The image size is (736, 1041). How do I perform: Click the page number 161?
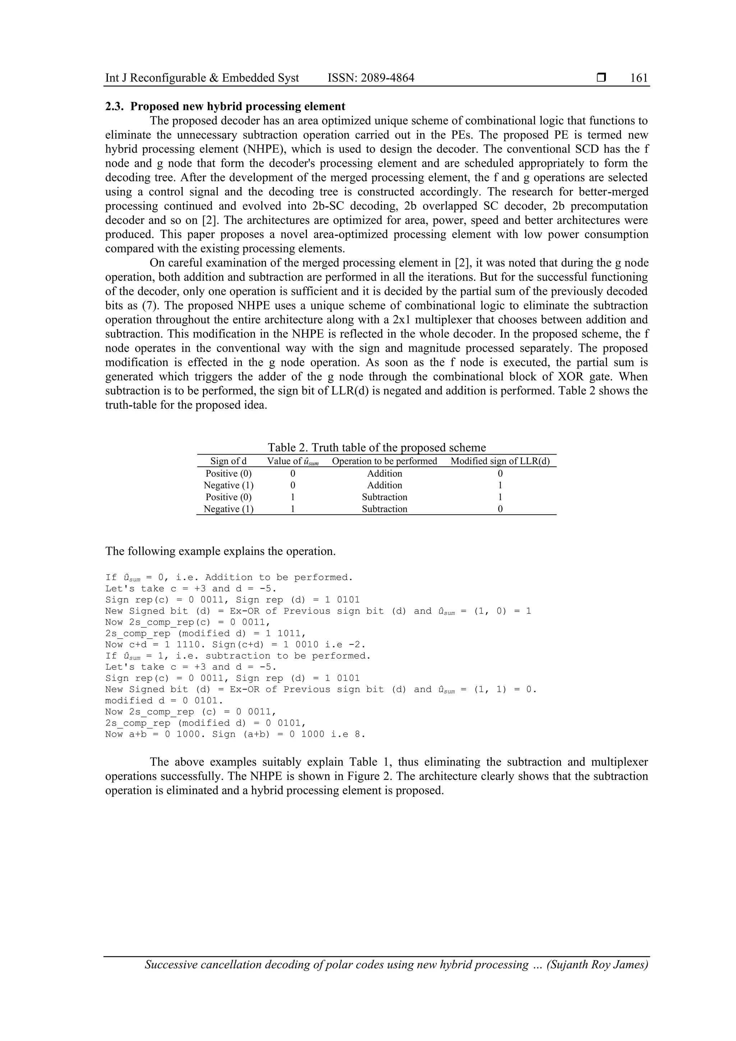point(639,78)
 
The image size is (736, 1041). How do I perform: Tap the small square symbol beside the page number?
point(601,78)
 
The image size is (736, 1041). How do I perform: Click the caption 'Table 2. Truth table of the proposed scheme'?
point(376,447)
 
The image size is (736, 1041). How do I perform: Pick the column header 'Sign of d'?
point(228,461)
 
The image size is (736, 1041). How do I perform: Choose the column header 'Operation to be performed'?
point(385,461)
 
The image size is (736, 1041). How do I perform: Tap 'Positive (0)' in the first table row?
point(228,473)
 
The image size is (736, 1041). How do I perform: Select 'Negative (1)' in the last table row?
point(228,509)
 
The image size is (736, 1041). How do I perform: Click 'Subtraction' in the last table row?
point(385,509)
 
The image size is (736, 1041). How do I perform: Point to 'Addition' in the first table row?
point(385,473)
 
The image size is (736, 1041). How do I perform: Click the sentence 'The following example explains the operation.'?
point(220,551)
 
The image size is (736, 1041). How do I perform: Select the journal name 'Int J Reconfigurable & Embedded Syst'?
point(202,78)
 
